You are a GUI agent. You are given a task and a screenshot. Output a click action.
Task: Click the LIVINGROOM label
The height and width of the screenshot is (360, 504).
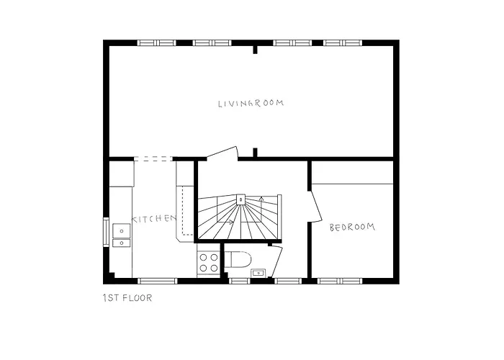[x=251, y=103]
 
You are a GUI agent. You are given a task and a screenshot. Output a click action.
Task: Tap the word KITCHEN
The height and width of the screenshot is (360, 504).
[x=153, y=219]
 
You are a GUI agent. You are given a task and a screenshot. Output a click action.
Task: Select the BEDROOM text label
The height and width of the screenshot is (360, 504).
[x=352, y=228]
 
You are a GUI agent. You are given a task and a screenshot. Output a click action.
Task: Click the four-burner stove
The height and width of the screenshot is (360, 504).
[x=208, y=262]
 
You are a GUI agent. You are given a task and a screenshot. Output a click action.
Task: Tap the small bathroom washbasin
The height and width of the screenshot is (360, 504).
[x=258, y=272]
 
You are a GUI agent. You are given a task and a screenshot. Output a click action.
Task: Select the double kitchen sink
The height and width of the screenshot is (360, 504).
[x=121, y=233]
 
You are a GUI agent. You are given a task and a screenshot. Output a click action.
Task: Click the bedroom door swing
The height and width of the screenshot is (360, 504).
[x=315, y=204]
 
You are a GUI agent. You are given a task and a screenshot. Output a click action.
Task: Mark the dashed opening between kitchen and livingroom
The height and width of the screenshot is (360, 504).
[x=153, y=158]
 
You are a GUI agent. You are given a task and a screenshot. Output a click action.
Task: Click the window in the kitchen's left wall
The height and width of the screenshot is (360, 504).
[x=107, y=232]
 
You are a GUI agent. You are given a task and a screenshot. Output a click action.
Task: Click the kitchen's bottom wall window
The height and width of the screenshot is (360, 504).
[x=157, y=280]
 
